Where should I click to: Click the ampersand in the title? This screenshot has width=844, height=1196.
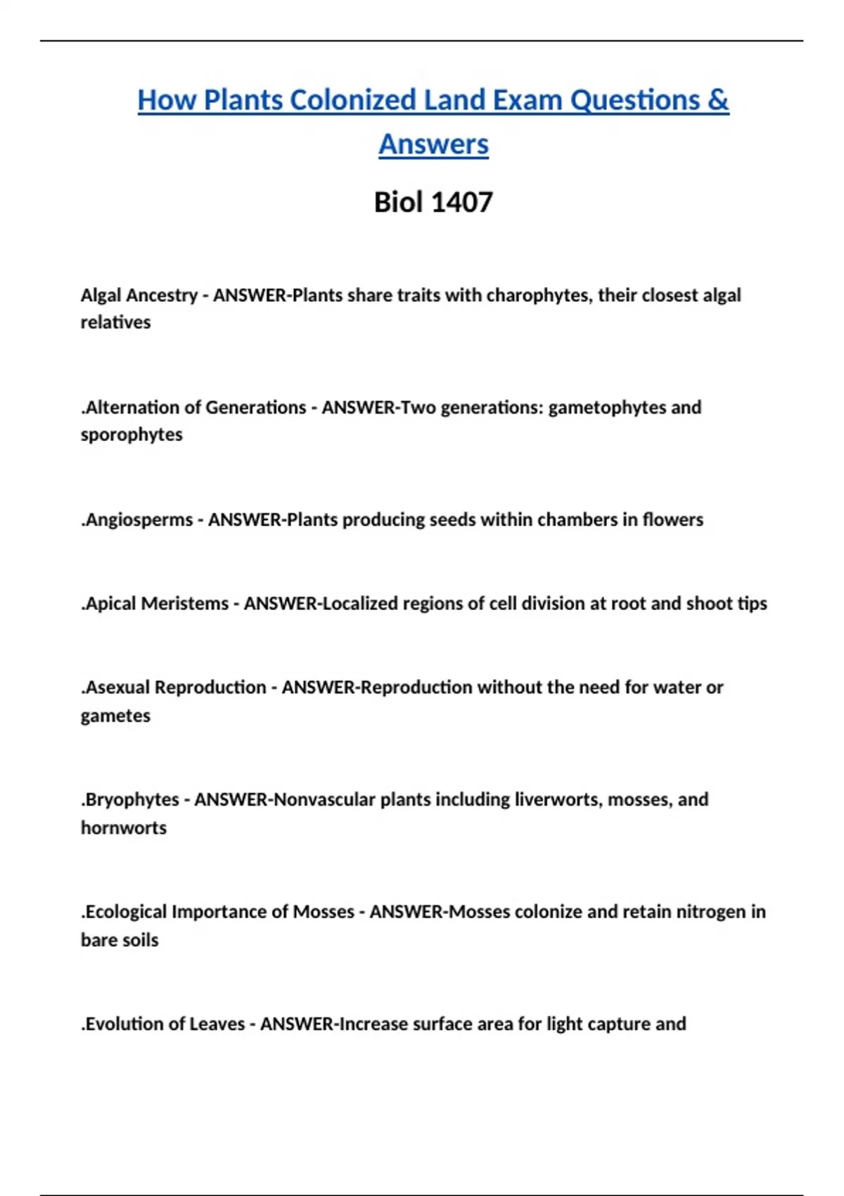(718, 100)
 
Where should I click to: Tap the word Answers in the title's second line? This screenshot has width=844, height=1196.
(433, 144)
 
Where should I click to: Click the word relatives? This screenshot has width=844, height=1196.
(115, 322)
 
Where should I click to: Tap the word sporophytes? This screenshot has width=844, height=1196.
(132, 435)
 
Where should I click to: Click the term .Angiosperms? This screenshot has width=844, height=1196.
(136, 520)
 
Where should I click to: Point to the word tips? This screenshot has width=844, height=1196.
(752, 604)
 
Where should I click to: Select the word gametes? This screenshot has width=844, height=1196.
(115, 716)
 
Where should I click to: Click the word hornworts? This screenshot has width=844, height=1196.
(124, 828)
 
